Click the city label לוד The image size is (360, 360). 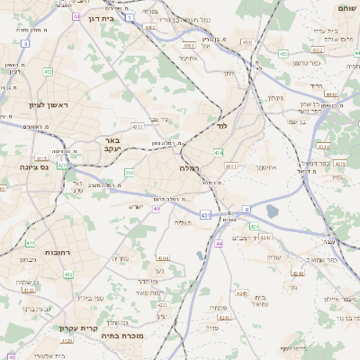point(220,127)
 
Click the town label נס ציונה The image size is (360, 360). point(34,166)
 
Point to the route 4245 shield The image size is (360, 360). point(242,292)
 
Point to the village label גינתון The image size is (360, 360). point(275,98)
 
